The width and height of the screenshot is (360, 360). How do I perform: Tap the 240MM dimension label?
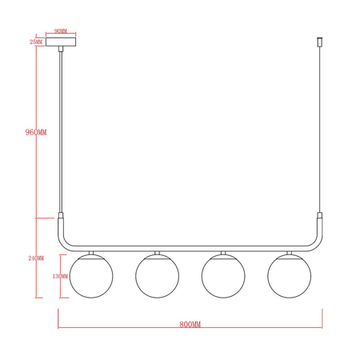[36, 258]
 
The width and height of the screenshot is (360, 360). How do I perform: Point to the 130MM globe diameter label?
[58, 277]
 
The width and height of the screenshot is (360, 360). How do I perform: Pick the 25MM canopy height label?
[35, 41]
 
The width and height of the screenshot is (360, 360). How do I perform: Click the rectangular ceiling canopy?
[60, 41]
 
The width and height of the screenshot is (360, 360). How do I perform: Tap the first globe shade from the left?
[90, 275]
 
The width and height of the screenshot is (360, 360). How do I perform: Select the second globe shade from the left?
[156, 275]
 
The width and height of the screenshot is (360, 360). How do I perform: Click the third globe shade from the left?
[222, 275]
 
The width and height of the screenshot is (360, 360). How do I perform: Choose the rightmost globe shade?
[288, 275]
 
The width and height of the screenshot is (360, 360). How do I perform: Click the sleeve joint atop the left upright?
[60, 217]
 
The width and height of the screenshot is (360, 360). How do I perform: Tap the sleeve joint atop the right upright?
[318, 217]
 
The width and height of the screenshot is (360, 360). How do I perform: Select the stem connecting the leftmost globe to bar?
[90, 252]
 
